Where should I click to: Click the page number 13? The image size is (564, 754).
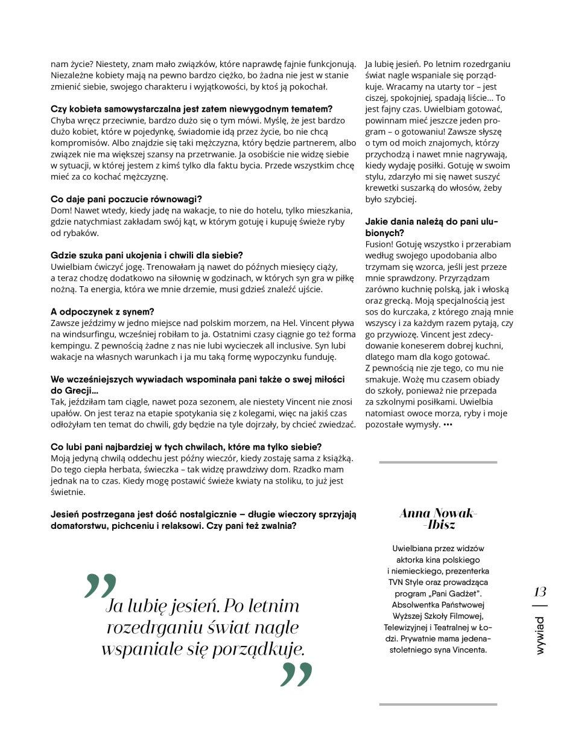click(x=540, y=592)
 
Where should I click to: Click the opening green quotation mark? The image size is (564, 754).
click(x=100, y=586)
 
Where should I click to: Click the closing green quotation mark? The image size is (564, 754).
click(x=296, y=674)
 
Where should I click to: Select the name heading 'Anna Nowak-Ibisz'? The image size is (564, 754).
click(x=438, y=519)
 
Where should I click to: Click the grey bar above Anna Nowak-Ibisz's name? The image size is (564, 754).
click(x=438, y=462)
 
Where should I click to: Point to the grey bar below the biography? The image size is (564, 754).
click(x=438, y=704)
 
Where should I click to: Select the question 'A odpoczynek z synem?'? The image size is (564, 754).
click(x=102, y=312)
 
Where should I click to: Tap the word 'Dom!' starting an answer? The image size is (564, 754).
click(x=61, y=210)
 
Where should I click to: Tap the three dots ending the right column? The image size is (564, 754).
click(x=447, y=424)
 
